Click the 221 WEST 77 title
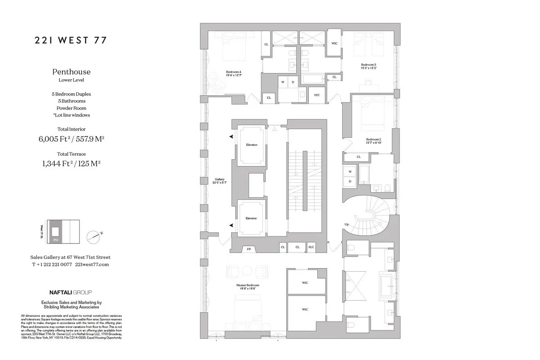(71, 40)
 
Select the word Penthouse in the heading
(71, 72)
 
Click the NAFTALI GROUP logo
(71, 292)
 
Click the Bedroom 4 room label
(234, 74)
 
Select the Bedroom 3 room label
(369, 66)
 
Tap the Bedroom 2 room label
(373, 141)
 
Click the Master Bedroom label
(247, 287)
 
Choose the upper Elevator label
(251, 145)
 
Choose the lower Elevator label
(251, 218)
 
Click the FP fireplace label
(248, 248)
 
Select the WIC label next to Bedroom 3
(334, 44)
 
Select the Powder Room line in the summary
(71, 108)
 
